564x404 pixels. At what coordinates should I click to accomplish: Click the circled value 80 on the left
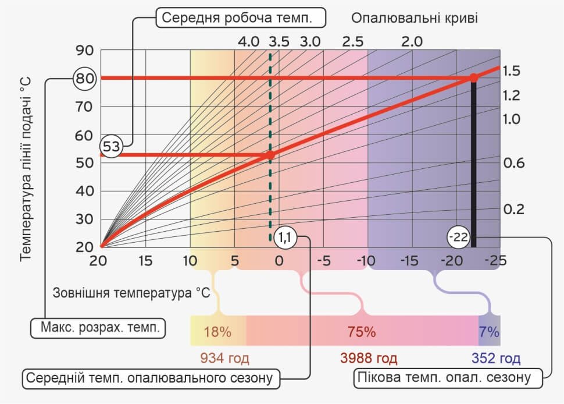(84, 78)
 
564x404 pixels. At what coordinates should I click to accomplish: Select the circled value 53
(112, 147)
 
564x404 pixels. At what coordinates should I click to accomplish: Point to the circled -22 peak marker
(458, 237)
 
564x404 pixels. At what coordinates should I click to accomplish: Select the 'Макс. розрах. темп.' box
(99, 327)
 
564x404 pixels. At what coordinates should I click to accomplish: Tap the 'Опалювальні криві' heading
(415, 17)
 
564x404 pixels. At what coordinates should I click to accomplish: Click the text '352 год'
(495, 357)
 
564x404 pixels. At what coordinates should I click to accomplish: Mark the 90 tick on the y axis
(84, 50)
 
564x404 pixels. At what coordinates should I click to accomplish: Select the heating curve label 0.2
(513, 209)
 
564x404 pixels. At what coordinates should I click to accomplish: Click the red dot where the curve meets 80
(473, 78)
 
